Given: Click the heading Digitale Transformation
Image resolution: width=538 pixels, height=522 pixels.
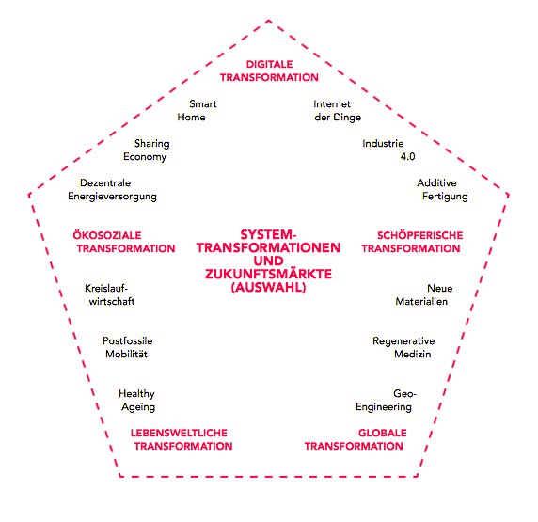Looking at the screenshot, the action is pyautogui.click(x=269, y=71).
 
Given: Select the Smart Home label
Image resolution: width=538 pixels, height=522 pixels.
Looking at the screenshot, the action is pyautogui.click(x=197, y=110).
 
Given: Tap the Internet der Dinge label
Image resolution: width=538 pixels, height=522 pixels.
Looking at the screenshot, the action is pyautogui.click(x=338, y=110).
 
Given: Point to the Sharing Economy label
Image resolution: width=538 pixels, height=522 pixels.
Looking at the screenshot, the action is pyautogui.click(x=147, y=150).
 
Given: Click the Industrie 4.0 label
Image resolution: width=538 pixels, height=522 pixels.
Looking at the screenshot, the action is pyautogui.click(x=388, y=150).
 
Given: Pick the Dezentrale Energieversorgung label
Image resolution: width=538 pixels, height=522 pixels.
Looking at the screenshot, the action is pyautogui.click(x=112, y=189).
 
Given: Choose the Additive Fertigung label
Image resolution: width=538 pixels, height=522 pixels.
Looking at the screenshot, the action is pyautogui.click(x=443, y=189).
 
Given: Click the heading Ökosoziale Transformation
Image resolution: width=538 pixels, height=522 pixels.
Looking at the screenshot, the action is pyautogui.click(x=124, y=242).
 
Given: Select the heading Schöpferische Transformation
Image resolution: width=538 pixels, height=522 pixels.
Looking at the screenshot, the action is pyautogui.click(x=412, y=242).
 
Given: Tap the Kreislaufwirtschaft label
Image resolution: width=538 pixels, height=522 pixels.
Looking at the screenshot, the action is pyautogui.click(x=110, y=294).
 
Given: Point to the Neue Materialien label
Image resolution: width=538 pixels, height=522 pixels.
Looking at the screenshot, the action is pyautogui.click(x=424, y=294).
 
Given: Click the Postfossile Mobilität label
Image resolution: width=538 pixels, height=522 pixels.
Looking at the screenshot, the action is pyautogui.click(x=128, y=347).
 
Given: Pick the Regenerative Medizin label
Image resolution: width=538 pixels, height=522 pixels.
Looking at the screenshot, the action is pyautogui.click(x=403, y=347).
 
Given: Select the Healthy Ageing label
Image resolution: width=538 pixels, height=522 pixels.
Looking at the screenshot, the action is pyautogui.click(x=137, y=400).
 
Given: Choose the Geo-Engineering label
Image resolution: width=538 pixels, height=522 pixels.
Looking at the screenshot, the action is pyautogui.click(x=386, y=400).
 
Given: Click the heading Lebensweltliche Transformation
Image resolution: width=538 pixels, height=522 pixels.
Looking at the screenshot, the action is pyautogui.click(x=182, y=439).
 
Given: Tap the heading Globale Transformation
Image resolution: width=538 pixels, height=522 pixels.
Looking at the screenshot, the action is pyautogui.click(x=356, y=439).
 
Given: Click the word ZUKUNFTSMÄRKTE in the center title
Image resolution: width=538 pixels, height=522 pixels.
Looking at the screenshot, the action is pyautogui.click(x=269, y=275).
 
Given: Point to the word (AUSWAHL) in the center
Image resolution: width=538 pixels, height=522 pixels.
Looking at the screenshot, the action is pyautogui.click(x=269, y=288).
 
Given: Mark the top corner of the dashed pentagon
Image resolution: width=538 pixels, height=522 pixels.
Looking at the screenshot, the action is pyautogui.click(x=269, y=21).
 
